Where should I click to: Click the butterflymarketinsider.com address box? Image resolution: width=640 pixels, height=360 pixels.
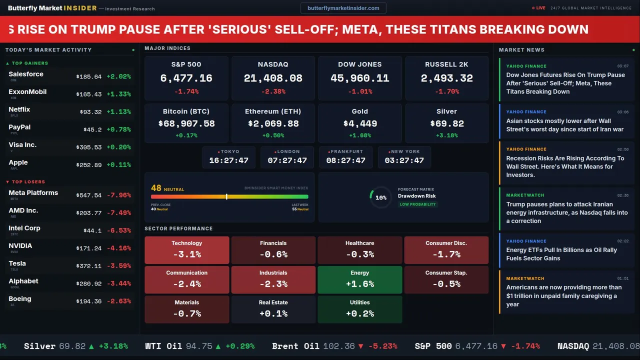coord(343,8)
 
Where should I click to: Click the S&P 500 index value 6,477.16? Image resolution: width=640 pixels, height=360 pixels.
coord(186,78)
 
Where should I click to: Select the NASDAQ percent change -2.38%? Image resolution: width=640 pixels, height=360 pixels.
coord(273,91)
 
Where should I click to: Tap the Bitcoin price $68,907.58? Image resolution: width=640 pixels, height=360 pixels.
coord(186,123)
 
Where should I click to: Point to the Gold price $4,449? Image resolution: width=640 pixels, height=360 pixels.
coord(360,123)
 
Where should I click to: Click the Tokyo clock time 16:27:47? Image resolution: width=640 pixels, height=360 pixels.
coord(228,160)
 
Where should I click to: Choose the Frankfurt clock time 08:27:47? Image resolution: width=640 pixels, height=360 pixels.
coord(345,160)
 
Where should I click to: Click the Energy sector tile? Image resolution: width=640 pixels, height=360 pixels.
coord(360,279)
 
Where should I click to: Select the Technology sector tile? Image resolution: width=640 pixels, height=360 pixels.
coord(186,250)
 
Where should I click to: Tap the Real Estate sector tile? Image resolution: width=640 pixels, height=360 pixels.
coord(273,309)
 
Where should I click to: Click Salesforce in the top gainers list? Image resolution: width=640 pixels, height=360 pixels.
coord(26,74)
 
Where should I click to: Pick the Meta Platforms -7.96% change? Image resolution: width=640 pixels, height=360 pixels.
coord(120,195)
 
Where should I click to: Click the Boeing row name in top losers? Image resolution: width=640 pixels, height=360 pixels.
coord(20,299)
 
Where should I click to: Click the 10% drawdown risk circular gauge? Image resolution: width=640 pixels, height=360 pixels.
coord(380,197)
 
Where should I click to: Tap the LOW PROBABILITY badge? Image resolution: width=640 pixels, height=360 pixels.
coord(417,204)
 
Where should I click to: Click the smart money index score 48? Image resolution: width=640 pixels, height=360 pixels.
coord(156,188)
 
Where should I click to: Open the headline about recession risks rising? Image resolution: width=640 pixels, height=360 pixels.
coord(565,166)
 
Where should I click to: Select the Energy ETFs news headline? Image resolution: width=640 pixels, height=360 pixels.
coord(561,254)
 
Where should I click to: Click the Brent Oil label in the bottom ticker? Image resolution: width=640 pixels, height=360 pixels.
coord(295,346)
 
